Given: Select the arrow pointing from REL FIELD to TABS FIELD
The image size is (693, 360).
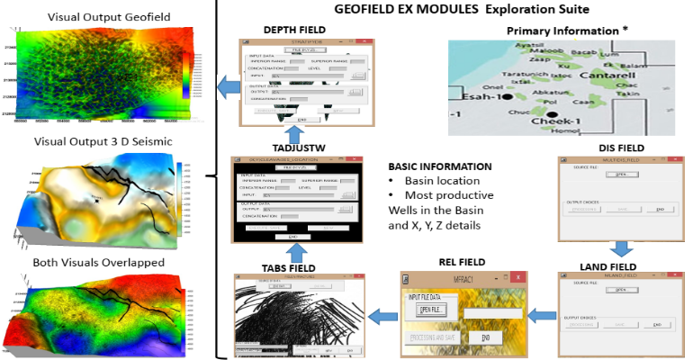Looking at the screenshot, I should (385, 315).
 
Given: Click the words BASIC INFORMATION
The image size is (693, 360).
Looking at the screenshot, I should (440, 166).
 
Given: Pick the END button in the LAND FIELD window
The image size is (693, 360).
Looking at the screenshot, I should (658, 324).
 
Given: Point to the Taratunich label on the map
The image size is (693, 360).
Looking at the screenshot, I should (526, 76).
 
